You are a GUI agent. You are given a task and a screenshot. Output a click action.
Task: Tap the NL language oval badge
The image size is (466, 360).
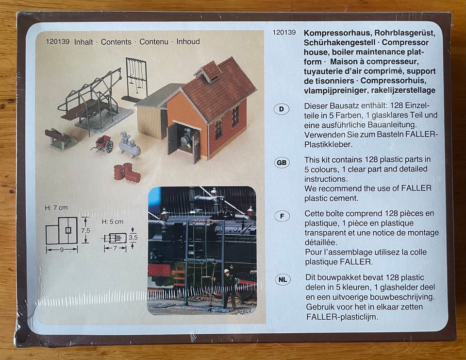point(283,280)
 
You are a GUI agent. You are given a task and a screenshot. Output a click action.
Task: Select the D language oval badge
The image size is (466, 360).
point(281,109)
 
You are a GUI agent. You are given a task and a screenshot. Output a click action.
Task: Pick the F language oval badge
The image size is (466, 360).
point(282,216)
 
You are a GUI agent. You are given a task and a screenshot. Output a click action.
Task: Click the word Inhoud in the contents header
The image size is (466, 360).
point(188,42)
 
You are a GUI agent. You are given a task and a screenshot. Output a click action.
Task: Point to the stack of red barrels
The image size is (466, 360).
point(127,172)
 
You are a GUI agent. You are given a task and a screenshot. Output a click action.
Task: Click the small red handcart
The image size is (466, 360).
point(102,143)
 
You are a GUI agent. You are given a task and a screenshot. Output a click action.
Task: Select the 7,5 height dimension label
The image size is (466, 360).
point(85,231)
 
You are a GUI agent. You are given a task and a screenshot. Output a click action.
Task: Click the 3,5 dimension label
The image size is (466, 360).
point(133,238)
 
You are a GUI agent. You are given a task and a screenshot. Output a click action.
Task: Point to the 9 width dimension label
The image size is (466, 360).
point(62,250)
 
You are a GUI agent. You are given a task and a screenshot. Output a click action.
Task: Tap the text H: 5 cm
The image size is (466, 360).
point(112,222)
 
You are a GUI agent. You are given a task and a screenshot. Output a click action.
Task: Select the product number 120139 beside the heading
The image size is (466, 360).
point(284,33)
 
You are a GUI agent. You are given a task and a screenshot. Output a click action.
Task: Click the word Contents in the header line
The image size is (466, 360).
point(116,42)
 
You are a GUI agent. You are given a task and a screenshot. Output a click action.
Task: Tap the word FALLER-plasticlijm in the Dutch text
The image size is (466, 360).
point(342,317)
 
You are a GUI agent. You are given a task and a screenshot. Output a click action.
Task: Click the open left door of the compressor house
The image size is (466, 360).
point(172,139)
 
